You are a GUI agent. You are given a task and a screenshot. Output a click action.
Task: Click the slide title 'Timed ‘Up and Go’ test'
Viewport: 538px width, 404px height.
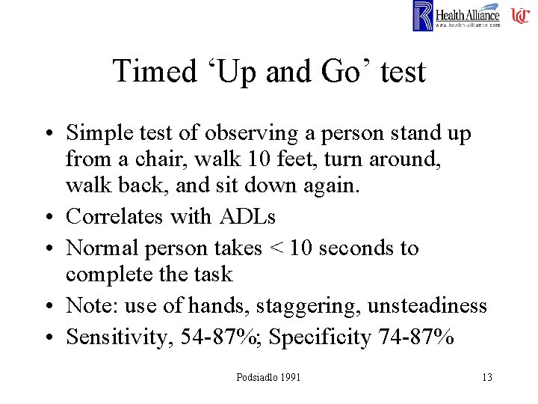[x=269, y=72]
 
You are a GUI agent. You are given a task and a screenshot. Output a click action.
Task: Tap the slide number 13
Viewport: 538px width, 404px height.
[x=487, y=377]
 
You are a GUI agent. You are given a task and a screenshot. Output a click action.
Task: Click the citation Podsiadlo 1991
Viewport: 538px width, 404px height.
[x=268, y=377]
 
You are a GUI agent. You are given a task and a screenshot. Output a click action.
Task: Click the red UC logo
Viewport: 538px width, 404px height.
[x=520, y=16]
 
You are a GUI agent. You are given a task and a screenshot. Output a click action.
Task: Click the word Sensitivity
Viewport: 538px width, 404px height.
[x=120, y=337]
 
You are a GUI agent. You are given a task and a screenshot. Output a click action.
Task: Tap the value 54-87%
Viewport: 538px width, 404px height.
[x=220, y=337]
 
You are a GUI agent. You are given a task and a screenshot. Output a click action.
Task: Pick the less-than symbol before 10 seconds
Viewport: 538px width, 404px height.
[x=276, y=248]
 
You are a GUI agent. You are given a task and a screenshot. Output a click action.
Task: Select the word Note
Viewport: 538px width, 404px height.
[x=90, y=306]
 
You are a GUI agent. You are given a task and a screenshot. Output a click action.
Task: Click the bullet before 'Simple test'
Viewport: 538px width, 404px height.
[x=52, y=134]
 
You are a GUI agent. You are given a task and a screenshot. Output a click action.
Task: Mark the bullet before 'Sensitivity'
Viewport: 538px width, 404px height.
[x=52, y=337]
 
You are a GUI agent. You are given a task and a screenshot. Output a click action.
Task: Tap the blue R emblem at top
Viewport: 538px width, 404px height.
[x=422, y=16]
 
